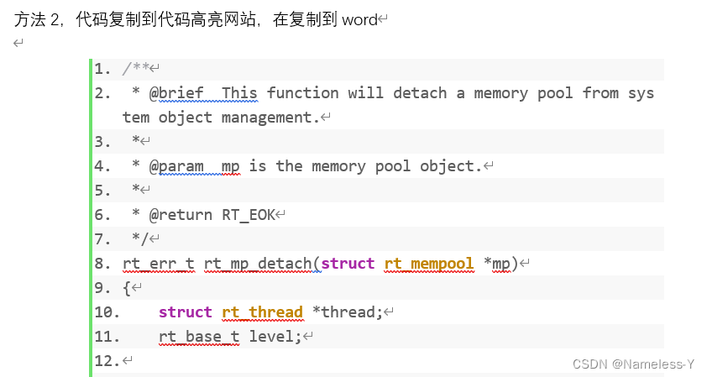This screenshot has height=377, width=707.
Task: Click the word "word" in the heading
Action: (359, 20)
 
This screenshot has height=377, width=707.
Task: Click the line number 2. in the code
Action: (102, 93)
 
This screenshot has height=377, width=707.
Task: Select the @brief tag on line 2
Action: (176, 93)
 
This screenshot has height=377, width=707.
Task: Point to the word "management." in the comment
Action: (271, 118)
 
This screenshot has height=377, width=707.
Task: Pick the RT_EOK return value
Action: (249, 215)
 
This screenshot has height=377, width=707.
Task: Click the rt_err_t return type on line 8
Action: (159, 264)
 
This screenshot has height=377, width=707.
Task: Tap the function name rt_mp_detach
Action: (258, 264)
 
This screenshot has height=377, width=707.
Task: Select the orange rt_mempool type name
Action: (430, 264)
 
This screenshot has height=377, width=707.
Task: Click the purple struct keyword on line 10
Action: (185, 312)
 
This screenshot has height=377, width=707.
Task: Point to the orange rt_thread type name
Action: (262, 312)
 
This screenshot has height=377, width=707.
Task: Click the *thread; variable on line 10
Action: (347, 312)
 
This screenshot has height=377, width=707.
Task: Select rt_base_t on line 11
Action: (199, 337)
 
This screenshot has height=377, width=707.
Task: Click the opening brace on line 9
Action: (127, 288)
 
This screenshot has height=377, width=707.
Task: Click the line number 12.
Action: (107, 361)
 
